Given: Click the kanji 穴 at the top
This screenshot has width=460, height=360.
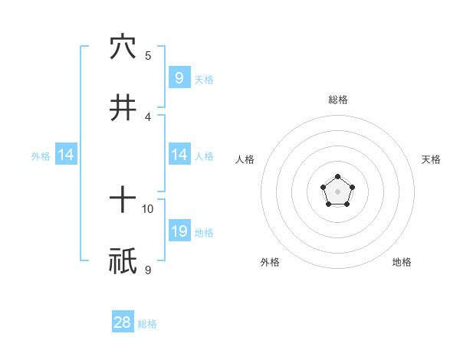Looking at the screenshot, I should [123, 47].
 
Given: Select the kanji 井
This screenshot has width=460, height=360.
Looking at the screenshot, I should [123, 108].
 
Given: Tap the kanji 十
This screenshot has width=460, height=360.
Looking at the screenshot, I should [123, 200].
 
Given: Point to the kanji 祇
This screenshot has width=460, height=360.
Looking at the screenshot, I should [123, 261].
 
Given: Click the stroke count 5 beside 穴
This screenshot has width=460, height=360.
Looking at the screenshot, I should [148, 55].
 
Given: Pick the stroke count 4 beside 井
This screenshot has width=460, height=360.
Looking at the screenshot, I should [148, 116].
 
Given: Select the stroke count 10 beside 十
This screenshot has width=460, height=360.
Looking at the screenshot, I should [148, 208].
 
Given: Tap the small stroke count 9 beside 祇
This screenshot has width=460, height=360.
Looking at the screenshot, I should [148, 270].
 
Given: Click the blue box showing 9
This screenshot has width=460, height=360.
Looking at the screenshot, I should [179, 77].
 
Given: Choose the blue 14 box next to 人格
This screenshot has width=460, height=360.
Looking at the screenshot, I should [179, 155].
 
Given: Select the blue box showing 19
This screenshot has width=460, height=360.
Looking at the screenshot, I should [179, 231].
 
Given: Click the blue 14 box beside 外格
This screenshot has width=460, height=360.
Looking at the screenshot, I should [66, 155].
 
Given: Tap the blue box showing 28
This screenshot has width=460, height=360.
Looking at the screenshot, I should [123, 322].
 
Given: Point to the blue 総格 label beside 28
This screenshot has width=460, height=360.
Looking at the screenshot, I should [147, 324].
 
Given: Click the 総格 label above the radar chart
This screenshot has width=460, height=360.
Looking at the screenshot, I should [337, 100].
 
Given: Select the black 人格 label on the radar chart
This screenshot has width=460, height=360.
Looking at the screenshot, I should [245, 159].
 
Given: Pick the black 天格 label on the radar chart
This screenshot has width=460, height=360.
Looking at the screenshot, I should [431, 159].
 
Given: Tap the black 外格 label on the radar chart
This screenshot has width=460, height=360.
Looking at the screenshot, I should [270, 262].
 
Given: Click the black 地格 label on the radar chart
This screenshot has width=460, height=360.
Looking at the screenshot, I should [402, 262].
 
